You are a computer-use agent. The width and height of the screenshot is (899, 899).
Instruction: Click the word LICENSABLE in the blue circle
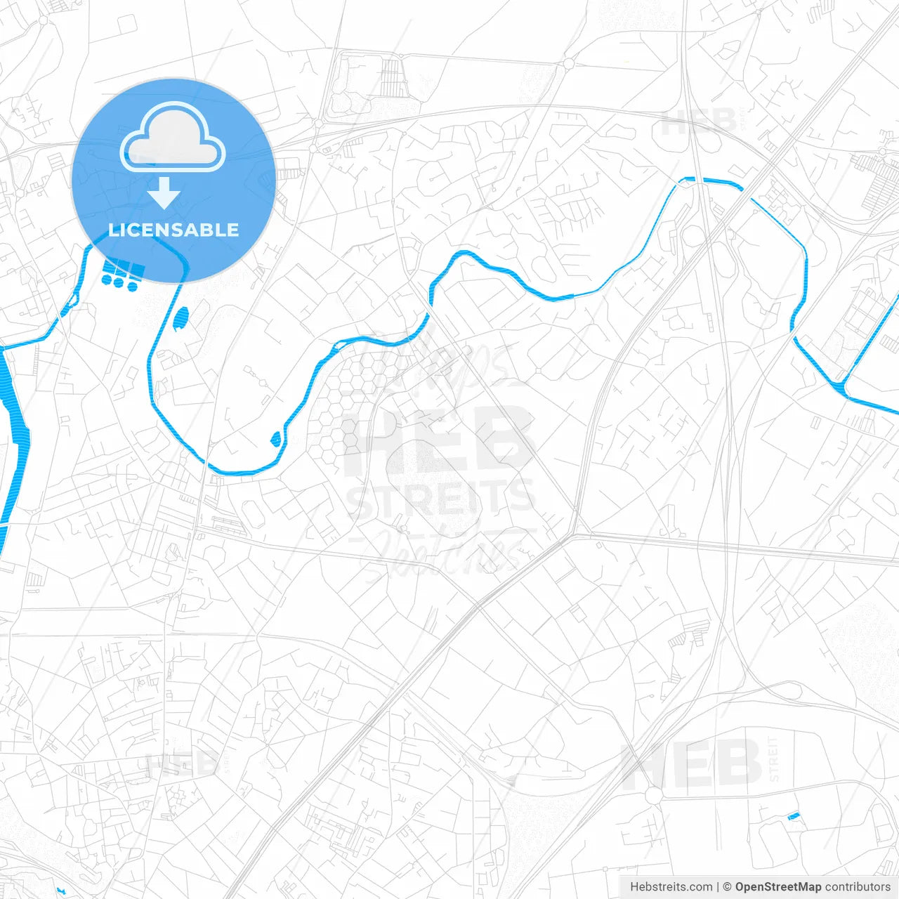[173, 230]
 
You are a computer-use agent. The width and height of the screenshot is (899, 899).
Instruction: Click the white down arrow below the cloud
[164, 193]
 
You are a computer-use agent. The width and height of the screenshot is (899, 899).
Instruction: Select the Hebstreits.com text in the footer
[671, 887]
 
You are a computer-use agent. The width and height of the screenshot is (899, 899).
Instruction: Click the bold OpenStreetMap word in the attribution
[778, 887]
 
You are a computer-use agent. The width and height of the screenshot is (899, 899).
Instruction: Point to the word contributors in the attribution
[858, 887]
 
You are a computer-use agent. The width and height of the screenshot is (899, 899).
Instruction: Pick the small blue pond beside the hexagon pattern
[276, 438]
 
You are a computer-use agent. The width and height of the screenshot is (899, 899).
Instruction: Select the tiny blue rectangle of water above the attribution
[794, 816]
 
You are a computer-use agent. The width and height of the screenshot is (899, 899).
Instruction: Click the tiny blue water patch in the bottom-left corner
[61, 891]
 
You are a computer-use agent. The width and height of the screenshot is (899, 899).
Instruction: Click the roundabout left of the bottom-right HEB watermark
[653, 796]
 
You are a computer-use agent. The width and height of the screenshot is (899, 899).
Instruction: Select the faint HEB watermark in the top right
[699, 123]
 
